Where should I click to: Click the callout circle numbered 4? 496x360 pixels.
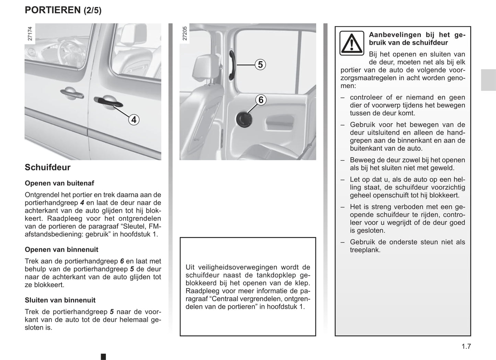point(134,120)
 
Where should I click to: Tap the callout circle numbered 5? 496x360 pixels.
point(260,64)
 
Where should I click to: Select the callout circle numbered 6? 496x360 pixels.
point(261,100)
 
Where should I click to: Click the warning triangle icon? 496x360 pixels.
point(351,43)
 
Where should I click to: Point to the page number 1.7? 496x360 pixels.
point(466,346)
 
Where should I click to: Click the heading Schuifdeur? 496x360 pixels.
point(47,167)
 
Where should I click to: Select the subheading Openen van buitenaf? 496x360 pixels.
point(59,183)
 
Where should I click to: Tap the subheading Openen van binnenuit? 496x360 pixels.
point(61,249)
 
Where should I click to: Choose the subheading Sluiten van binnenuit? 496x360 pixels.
point(60,300)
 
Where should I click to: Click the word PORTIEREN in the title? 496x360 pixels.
point(53,10)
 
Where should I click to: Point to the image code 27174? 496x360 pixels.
point(30,34)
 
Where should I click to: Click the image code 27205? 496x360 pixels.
point(185,34)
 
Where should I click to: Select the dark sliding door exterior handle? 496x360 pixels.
point(108,102)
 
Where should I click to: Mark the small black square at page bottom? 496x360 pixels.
point(103,357)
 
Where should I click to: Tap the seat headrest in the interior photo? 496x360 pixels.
point(205,69)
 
